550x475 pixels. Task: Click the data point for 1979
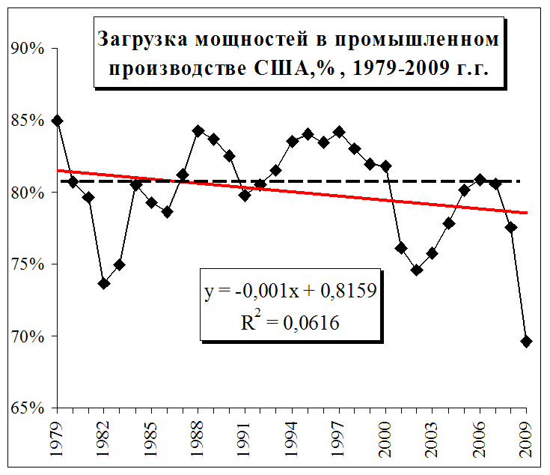[58, 121]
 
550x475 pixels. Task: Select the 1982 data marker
[104, 283]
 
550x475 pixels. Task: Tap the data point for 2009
[526, 342]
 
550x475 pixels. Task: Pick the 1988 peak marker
[198, 130]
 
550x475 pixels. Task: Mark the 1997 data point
[339, 132]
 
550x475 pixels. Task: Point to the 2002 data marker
[417, 270]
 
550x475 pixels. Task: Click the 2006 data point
[480, 180]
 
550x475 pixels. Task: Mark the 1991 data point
[245, 196]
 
